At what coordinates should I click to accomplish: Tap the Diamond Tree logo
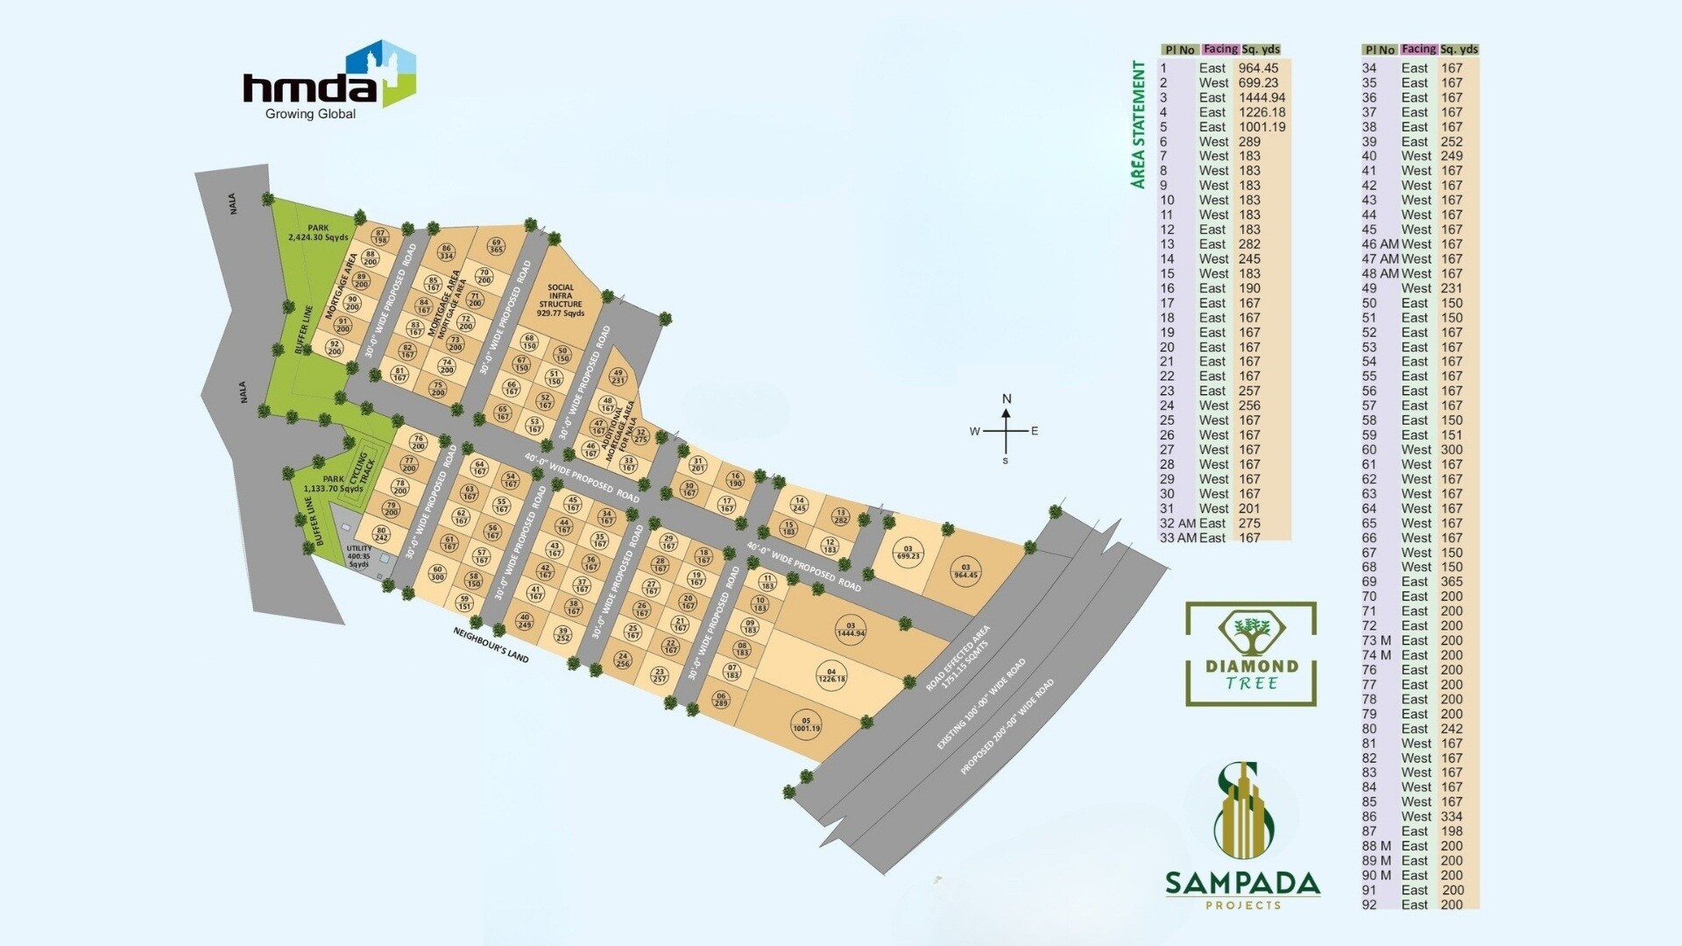point(1251,653)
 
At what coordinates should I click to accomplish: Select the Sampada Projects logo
point(1242,837)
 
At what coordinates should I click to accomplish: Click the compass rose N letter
point(1007,399)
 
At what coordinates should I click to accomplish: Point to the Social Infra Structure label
point(561,300)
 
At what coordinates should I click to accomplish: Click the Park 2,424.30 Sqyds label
point(318,232)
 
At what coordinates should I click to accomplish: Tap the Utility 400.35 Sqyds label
point(359,556)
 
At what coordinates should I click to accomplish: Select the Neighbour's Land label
point(491,644)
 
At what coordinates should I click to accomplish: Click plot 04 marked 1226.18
point(831,675)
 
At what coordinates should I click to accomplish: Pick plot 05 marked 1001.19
point(806,725)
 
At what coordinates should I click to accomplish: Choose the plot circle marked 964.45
point(965,571)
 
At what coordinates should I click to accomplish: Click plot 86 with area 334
point(446,252)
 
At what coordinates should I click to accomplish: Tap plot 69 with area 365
point(496,246)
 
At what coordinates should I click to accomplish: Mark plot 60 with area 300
point(437,573)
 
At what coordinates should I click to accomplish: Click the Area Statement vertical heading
point(1138,124)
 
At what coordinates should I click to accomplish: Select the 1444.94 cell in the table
point(1261,97)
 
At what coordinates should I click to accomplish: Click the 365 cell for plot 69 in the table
point(1452,582)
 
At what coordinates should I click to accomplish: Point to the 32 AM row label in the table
point(1177,523)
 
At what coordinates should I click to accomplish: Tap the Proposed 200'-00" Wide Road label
point(1007,726)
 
